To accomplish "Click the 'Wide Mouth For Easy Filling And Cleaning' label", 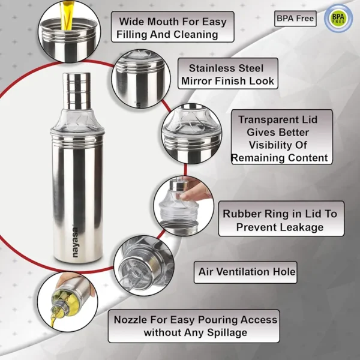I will tap(173, 28).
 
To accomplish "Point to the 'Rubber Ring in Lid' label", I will tap(280, 220).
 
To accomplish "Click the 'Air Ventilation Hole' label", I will tap(247, 272).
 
